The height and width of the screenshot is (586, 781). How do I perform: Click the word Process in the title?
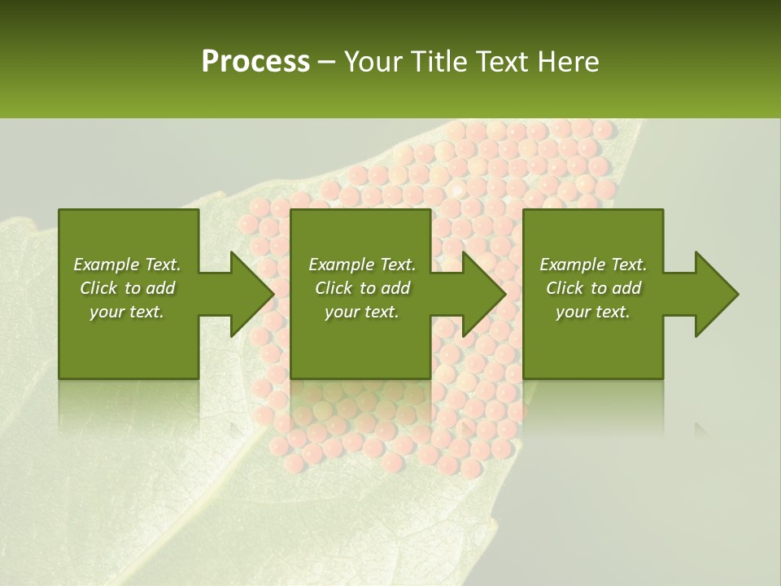tap(255, 62)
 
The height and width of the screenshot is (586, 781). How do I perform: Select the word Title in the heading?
tap(444, 62)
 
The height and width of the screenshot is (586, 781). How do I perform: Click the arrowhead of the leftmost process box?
tap(251, 294)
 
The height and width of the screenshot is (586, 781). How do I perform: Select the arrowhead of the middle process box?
tap(484, 294)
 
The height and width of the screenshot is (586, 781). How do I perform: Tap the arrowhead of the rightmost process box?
tap(716, 294)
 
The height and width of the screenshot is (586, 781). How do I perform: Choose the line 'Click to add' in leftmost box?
tap(128, 288)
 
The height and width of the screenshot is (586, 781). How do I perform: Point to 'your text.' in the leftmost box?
tap(128, 312)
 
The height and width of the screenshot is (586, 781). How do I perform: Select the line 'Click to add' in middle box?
tap(363, 288)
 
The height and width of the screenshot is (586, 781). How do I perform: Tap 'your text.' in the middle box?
tap(362, 312)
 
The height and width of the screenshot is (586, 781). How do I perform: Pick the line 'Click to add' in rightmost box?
tap(594, 288)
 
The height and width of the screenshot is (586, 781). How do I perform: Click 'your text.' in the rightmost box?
tap(593, 312)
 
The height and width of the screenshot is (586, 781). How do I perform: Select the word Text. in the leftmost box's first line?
tap(162, 265)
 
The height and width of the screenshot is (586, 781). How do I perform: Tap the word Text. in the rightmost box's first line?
tap(628, 265)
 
